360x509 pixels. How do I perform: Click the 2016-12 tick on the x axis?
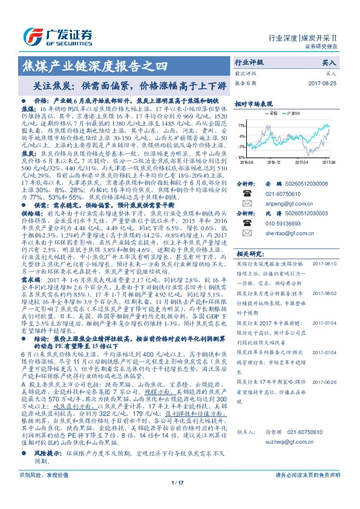tap(274, 162)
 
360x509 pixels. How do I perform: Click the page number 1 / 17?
tap(177, 499)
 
